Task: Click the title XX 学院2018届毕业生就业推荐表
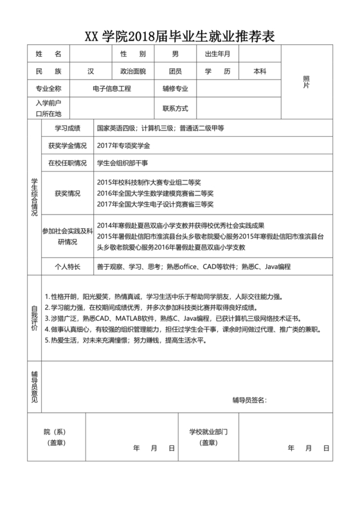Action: [x=180, y=37]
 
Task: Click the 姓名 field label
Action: [x=48, y=55]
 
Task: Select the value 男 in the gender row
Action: [x=175, y=55]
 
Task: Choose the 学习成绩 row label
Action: [x=67, y=129]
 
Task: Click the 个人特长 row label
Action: [x=67, y=266]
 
